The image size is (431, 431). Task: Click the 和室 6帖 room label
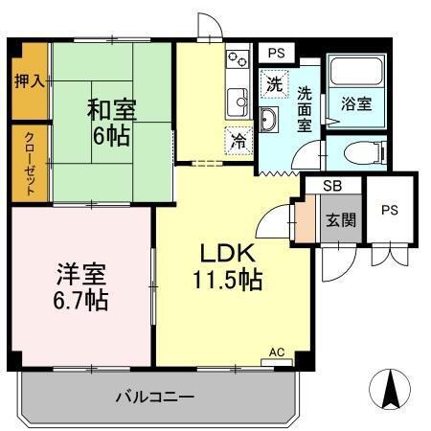[112, 123]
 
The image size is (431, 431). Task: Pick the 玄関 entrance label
[340, 219]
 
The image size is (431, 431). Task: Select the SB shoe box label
[330, 186]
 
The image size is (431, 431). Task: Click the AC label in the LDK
[277, 352]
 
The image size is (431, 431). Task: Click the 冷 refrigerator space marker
[238, 140]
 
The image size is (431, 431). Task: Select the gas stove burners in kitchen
[237, 66]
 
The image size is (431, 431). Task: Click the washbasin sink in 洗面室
[268, 119]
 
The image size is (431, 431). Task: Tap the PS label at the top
[276, 54]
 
